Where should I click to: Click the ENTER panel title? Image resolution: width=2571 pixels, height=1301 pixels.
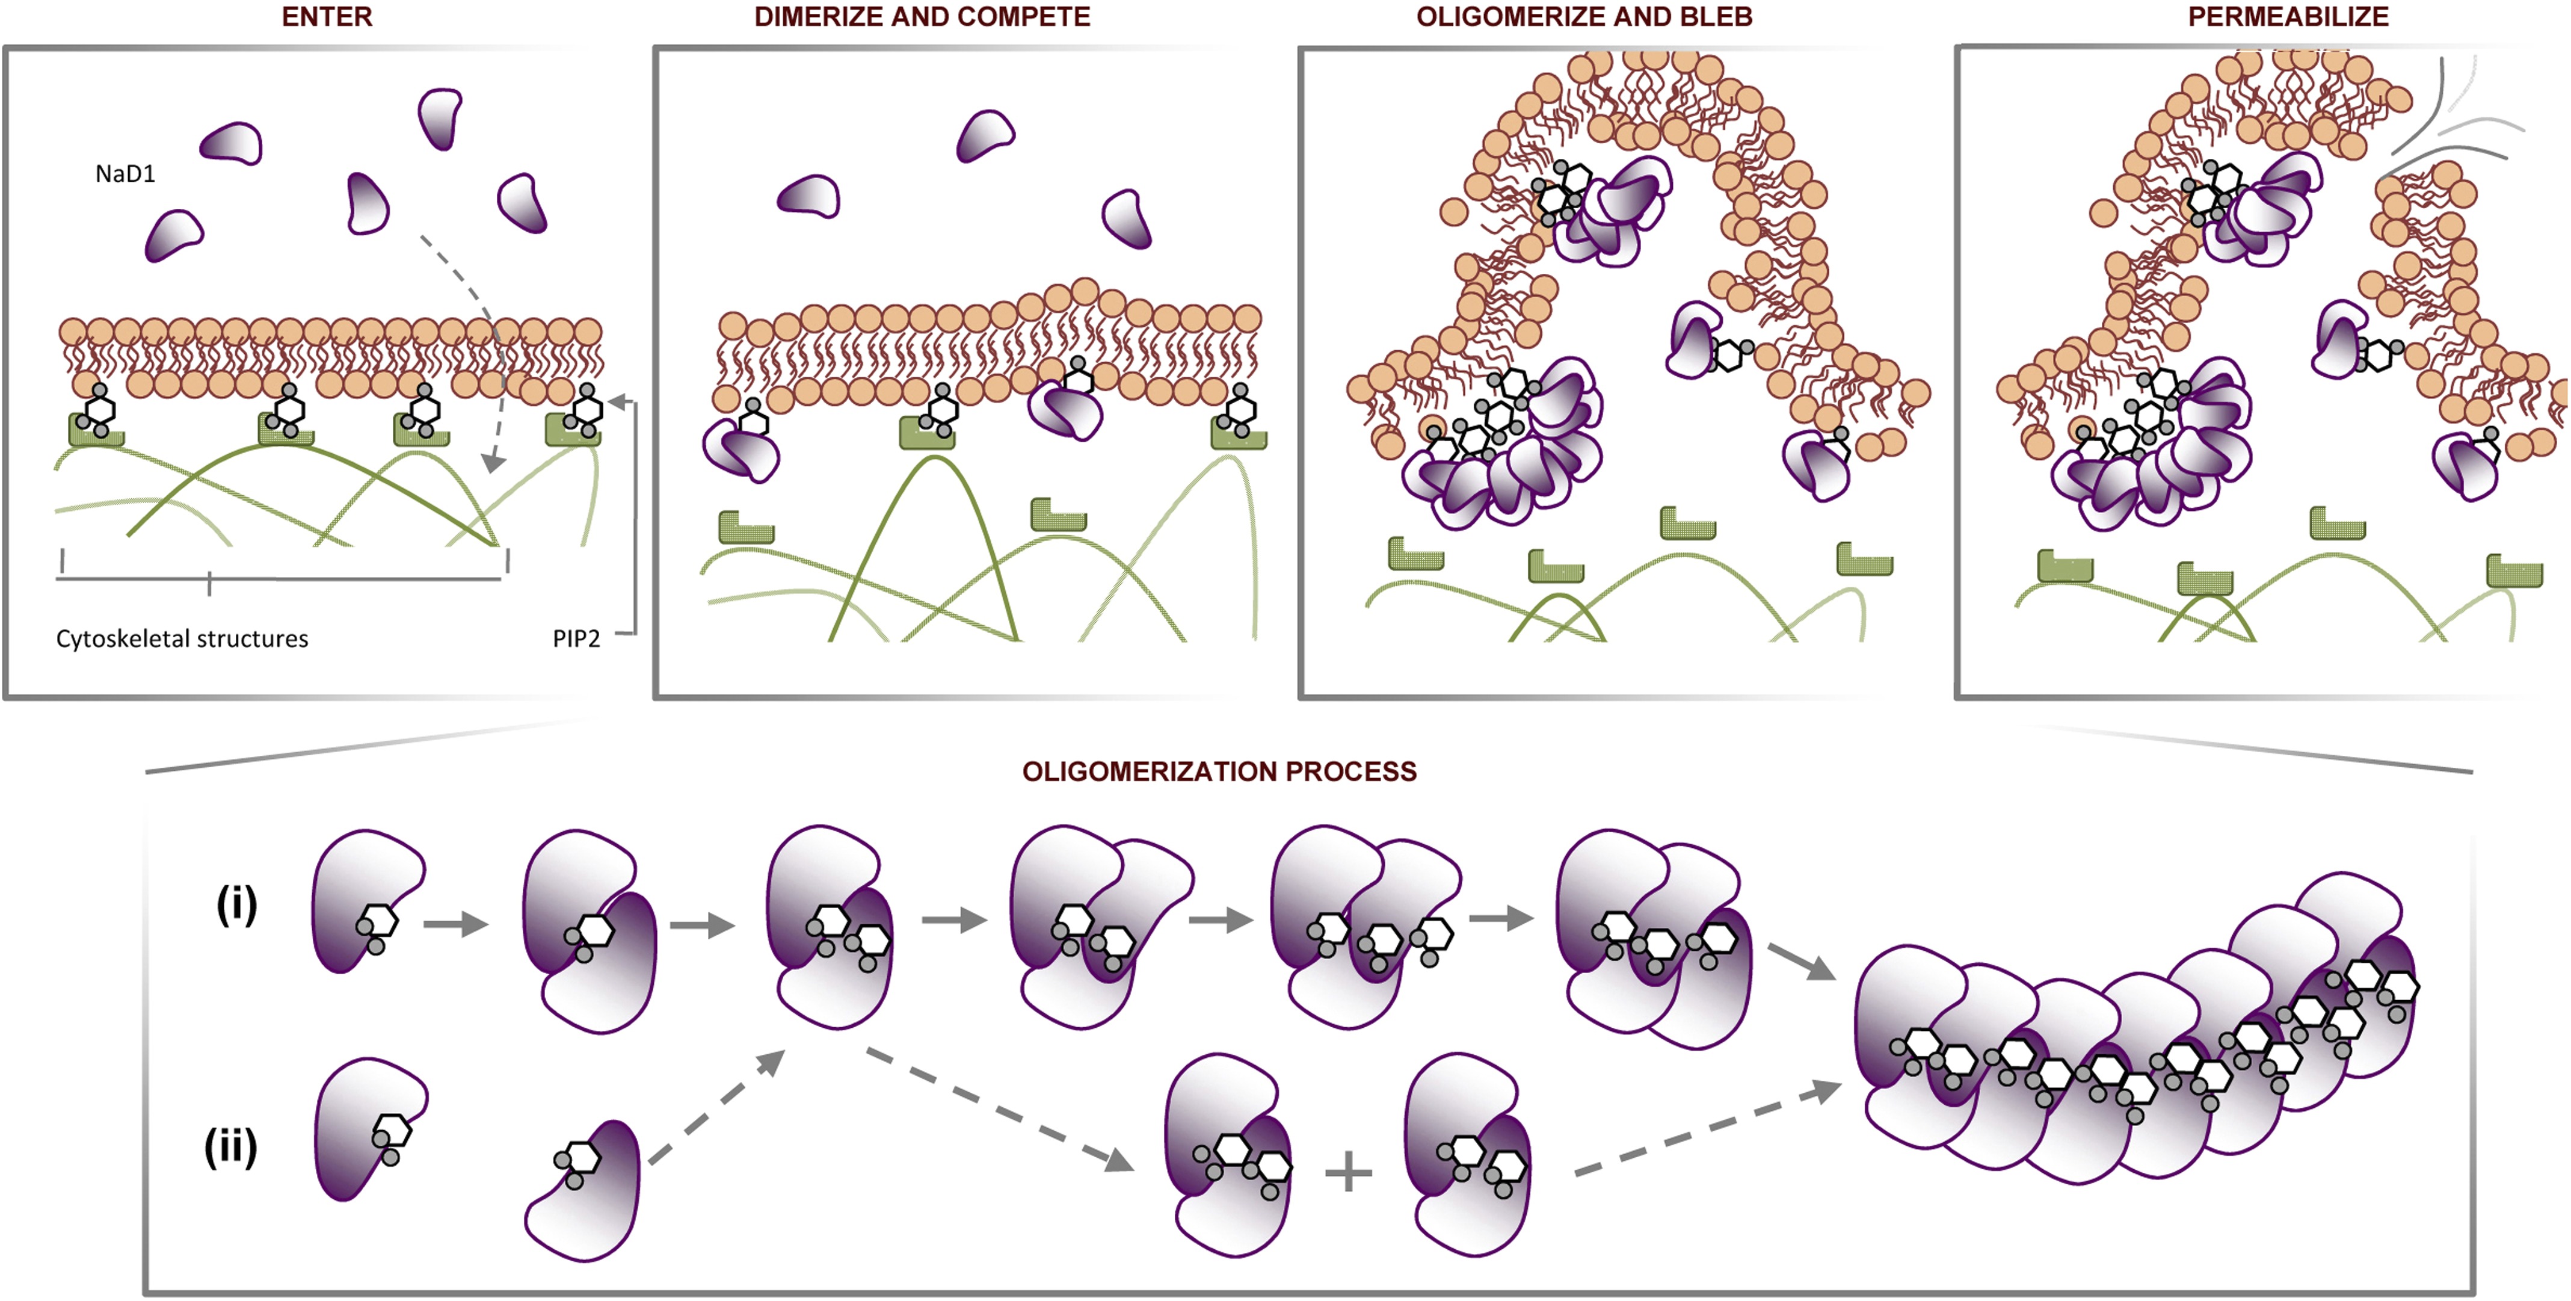(327, 17)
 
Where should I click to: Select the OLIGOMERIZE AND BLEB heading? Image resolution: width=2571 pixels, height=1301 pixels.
(1584, 17)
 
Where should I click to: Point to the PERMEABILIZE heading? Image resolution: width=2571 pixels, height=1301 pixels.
(2288, 17)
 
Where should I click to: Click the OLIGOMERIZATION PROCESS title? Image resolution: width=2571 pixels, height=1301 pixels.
(1219, 772)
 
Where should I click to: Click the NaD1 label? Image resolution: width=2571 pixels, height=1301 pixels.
(125, 174)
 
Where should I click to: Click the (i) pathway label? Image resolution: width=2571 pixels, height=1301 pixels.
(236, 906)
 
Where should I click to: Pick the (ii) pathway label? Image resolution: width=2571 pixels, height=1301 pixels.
(230, 1147)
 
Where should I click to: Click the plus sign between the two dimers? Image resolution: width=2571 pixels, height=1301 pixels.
(1349, 1172)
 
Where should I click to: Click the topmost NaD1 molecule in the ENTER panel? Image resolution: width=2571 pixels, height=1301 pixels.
(439, 117)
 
